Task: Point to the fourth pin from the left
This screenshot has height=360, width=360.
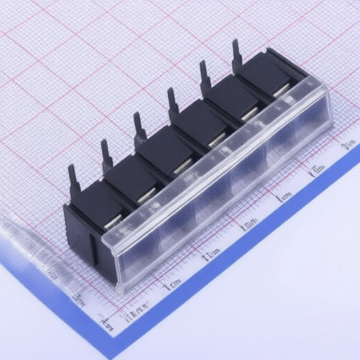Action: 172,103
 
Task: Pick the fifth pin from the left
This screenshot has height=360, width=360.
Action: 205,77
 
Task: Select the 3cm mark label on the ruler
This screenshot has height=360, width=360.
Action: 249,225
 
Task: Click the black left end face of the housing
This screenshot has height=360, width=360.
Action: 77,232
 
